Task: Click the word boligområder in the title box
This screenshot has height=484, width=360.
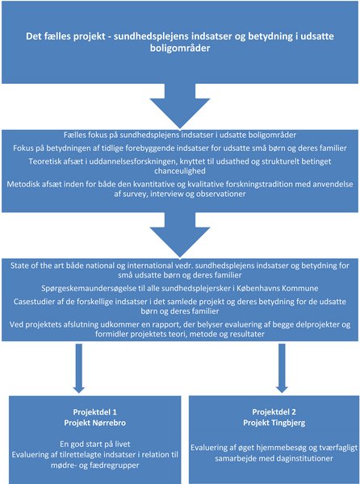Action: click(x=180, y=48)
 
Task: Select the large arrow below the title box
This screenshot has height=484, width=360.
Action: click(x=180, y=106)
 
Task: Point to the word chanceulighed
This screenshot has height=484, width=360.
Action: click(x=180, y=171)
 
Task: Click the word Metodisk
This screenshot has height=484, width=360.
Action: click(x=20, y=185)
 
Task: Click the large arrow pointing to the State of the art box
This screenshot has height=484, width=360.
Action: click(x=180, y=235)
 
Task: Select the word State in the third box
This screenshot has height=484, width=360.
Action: click(x=19, y=265)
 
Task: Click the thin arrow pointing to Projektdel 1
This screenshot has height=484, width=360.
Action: click(x=79, y=369)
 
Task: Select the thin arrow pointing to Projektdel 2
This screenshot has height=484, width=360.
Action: click(x=282, y=369)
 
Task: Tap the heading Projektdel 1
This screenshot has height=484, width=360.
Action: click(x=95, y=412)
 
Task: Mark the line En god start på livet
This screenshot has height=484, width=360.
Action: click(x=95, y=444)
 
